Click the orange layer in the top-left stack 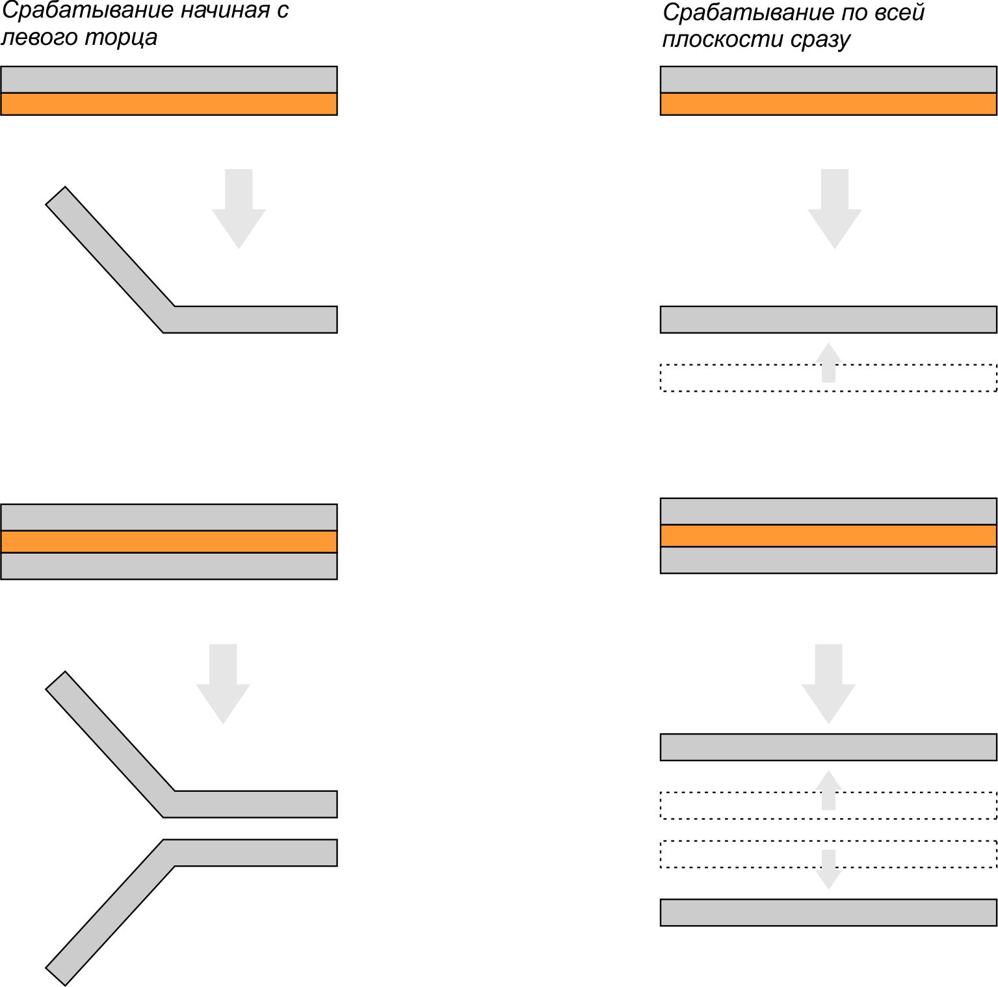pos(169,104)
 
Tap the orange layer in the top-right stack pos(828,104)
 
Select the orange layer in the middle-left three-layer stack pos(169,541)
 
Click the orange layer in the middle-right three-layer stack pos(828,535)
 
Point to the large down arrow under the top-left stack pos(239,208)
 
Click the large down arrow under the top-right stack pos(835,208)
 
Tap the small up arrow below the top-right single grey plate pos(828,362)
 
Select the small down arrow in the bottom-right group pos(828,869)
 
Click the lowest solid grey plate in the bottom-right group pos(828,912)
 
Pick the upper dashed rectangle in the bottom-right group pos(828,805)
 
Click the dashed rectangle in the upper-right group pos(828,377)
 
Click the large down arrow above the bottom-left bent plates pos(223,683)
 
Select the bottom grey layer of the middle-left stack pos(169,566)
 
